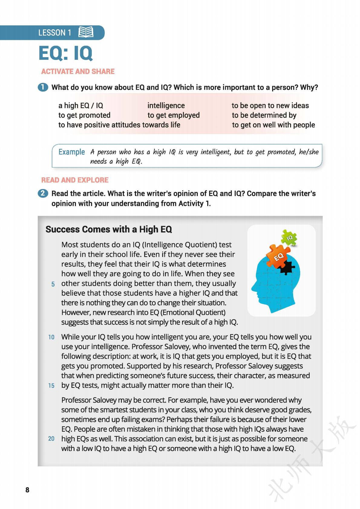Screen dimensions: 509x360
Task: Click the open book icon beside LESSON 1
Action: click(86, 32)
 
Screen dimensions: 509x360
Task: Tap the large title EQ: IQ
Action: click(65, 53)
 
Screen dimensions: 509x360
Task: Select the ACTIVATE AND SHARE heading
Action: click(78, 71)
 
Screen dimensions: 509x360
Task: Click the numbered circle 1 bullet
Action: click(43, 87)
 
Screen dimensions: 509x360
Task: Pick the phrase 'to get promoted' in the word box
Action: click(84, 115)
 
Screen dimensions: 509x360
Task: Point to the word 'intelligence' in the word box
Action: click(166, 105)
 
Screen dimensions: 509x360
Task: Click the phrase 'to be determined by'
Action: click(264, 115)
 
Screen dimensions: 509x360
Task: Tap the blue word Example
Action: click(71, 152)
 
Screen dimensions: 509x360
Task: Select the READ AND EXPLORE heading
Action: click(75, 180)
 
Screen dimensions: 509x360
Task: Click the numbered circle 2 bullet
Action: click(43, 193)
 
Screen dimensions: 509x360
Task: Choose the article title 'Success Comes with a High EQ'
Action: click(109, 229)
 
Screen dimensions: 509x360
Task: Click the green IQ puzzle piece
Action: click(289, 238)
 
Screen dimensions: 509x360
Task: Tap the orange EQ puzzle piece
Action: click(278, 255)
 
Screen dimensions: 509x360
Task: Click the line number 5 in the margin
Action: click(53, 284)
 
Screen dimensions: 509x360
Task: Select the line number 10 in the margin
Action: click(51, 337)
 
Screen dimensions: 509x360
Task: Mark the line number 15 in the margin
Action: click(51, 386)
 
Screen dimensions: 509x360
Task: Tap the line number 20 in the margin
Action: click(51, 439)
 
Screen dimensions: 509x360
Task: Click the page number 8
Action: click(28, 490)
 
